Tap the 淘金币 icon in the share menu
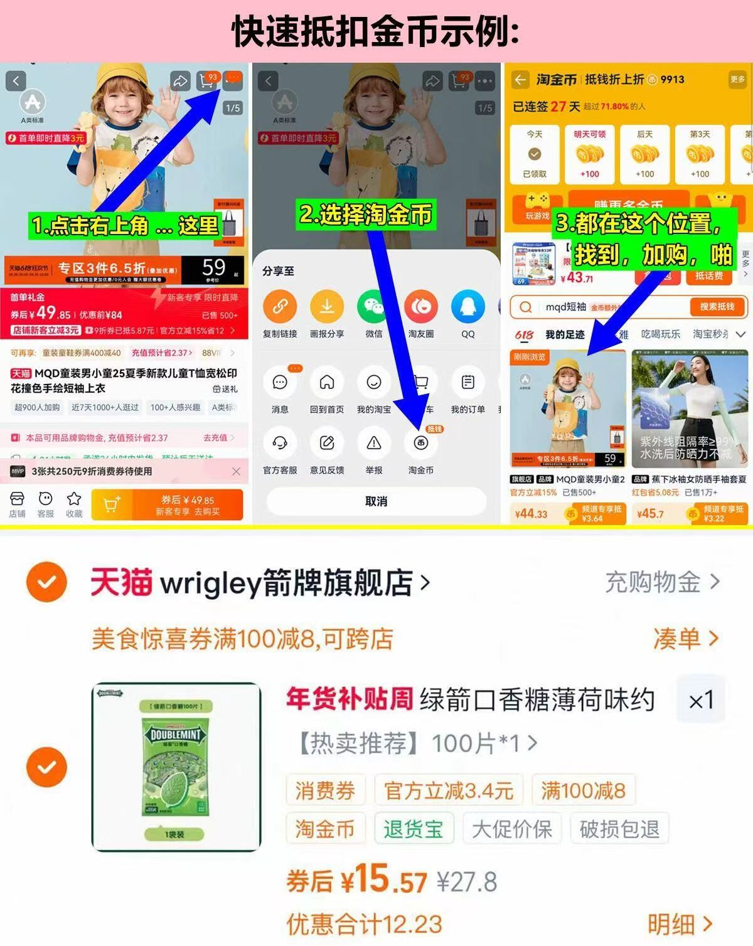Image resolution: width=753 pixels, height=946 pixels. tap(420, 444)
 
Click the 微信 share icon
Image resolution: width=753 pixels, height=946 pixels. tap(373, 307)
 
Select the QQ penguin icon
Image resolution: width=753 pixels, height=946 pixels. tap(467, 307)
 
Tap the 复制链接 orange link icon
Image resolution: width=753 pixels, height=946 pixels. tap(280, 307)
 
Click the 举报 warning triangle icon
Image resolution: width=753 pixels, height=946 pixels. tap(373, 444)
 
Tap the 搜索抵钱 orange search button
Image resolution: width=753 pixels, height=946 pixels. tap(716, 307)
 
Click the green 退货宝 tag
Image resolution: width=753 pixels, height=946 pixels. tap(413, 829)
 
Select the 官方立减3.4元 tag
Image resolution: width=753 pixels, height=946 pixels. tap(449, 790)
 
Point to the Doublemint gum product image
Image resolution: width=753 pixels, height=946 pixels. tap(176, 767)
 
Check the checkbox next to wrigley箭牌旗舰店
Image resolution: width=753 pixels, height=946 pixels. tap(46, 582)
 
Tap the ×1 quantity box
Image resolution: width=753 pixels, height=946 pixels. tap(701, 700)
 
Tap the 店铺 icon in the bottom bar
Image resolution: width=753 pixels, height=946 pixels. tap(17, 504)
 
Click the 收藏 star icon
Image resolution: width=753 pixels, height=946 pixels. tap(74, 504)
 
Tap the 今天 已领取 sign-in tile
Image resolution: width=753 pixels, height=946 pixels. tap(535, 154)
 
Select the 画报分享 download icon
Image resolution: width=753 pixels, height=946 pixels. tap(326, 307)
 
